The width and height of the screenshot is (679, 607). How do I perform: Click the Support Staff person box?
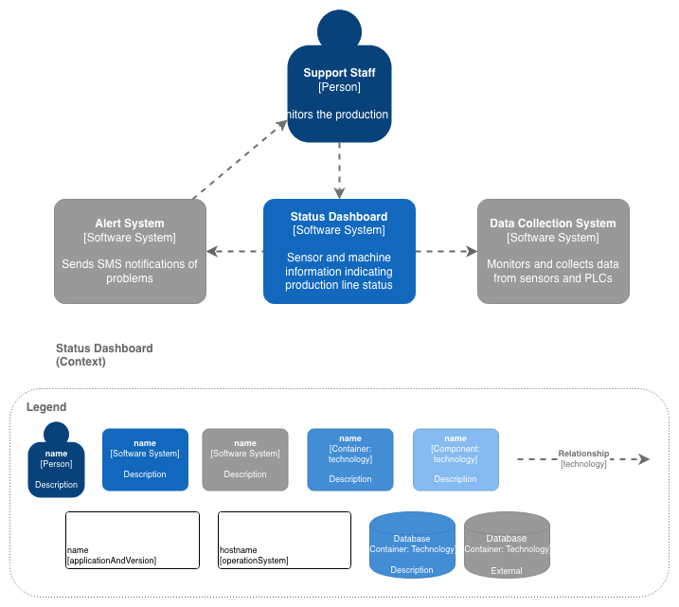pyautogui.click(x=339, y=95)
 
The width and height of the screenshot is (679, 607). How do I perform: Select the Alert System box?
pyautogui.click(x=130, y=251)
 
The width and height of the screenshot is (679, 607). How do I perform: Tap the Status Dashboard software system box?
pyautogui.click(x=339, y=251)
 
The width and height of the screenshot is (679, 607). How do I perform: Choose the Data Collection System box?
pyautogui.click(x=553, y=251)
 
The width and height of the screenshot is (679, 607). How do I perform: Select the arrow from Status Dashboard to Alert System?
pyautogui.click(x=235, y=251)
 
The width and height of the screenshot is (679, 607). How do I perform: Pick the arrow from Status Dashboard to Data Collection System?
pyautogui.click(x=446, y=251)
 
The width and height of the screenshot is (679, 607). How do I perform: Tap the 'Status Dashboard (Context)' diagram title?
pyautogui.click(x=104, y=355)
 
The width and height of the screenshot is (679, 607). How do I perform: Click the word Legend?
pyautogui.click(x=46, y=407)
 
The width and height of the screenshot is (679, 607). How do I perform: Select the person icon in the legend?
pyautogui.click(x=56, y=462)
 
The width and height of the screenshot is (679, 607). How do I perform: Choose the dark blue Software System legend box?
pyautogui.click(x=145, y=459)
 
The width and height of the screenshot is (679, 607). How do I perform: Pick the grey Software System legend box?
pyautogui.click(x=245, y=459)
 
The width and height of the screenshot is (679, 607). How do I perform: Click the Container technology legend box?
pyautogui.click(x=350, y=459)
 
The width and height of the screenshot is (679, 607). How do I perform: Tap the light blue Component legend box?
pyautogui.click(x=456, y=459)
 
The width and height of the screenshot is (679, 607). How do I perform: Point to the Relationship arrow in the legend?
pyautogui.click(x=582, y=459)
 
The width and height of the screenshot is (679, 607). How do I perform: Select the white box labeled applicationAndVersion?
pyautogui.click(x=133, y=540)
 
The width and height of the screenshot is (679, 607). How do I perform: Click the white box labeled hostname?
pyautogui.click(x=275, y=540)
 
